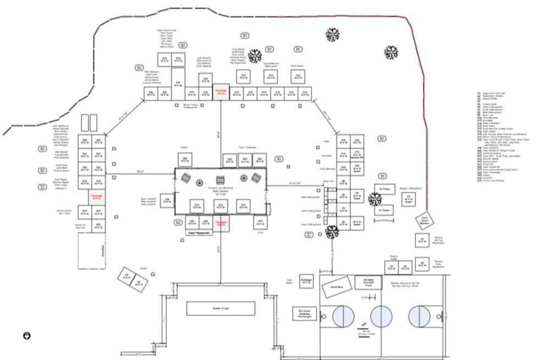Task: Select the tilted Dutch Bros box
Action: click(334, 288)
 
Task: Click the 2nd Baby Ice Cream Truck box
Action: click(368, 282)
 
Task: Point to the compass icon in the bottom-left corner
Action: click(26, 335)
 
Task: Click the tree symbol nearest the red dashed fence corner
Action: click(391, 53)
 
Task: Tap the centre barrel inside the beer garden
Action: click(221, 180)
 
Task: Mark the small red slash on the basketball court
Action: click(363, 324)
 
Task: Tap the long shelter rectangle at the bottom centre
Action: click(221, 309)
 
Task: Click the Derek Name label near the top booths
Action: click(298, 66)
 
